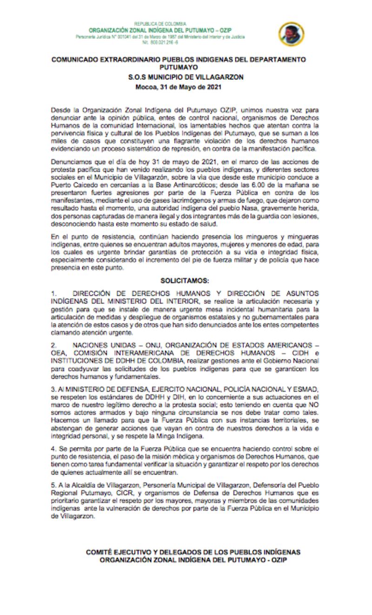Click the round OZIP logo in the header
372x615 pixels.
click(x=292, y=33)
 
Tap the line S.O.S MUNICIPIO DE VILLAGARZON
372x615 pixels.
click(x=186, y=77)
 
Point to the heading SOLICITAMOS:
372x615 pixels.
click(x=186, y=281)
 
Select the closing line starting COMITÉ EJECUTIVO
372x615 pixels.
click(x=193, y=552)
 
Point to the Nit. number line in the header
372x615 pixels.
click(x=160, y=42)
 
